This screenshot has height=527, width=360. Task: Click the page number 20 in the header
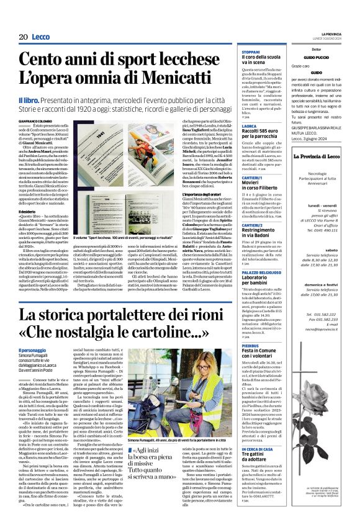click(24, 37)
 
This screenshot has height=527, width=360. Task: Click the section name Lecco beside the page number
click(42, 37)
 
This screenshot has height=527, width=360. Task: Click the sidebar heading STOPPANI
click(251, 52)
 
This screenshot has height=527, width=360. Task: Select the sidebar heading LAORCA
click(249, 125)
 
